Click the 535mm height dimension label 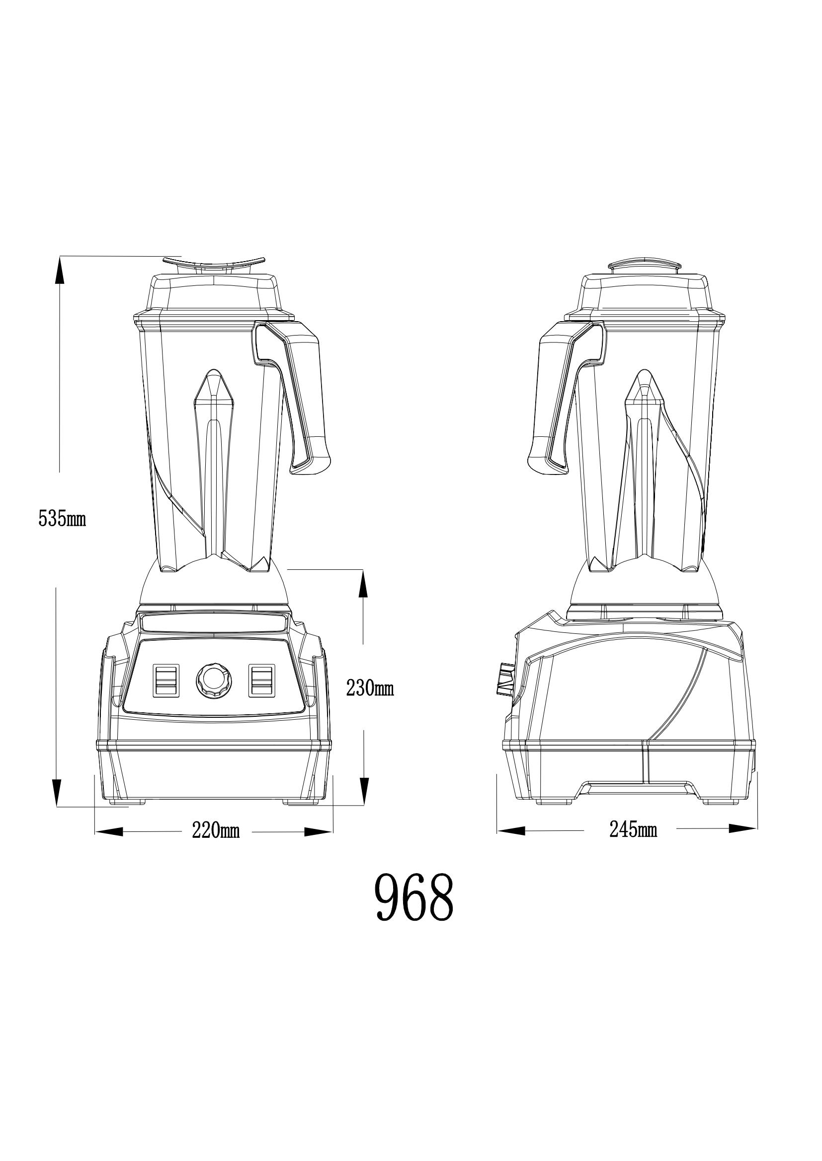[62, 519]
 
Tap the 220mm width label [216, 831]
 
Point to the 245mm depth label [633, 830]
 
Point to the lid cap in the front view [214, 263]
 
